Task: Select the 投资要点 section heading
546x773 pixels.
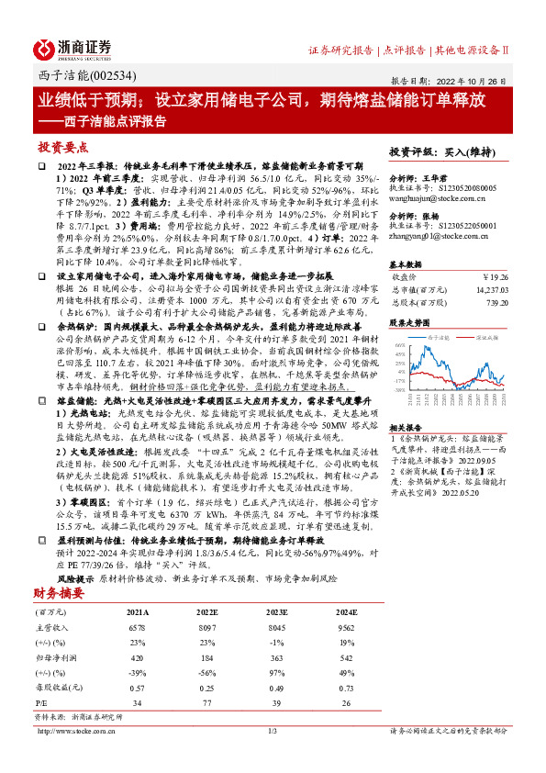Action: pyautogui.click(x=63, y=147)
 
